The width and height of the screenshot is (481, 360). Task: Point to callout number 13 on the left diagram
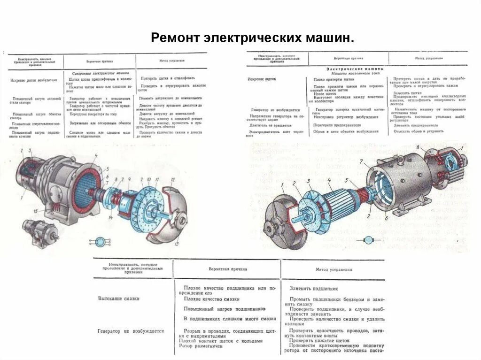[177, 245]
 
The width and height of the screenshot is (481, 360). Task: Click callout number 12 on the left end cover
[173, 180]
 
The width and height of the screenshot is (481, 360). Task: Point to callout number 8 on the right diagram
[416, 147]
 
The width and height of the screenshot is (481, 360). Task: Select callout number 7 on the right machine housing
[361, 161]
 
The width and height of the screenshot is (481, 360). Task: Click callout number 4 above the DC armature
[329, 180]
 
